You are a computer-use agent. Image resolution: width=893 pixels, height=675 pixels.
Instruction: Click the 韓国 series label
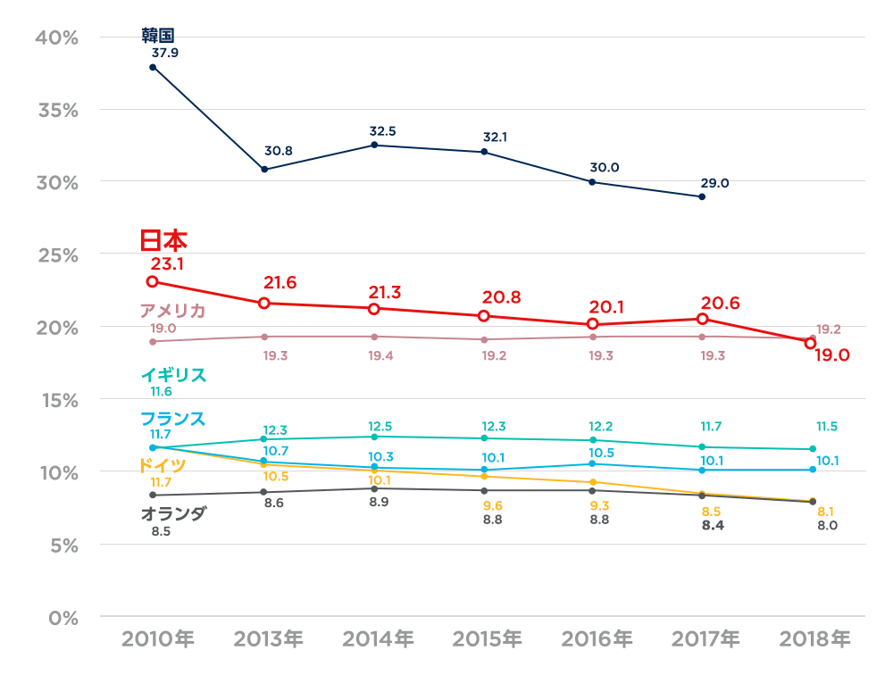[157, 35]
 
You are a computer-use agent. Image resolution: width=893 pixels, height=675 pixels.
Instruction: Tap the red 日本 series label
[163, 241]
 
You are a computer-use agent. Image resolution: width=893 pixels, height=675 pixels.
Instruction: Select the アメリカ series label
[172, 311]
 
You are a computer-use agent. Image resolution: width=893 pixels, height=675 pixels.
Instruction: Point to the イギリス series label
[173, 375]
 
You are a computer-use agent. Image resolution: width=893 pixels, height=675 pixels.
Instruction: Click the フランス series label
[172, 419]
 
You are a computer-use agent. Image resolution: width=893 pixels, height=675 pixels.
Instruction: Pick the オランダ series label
[173, 513]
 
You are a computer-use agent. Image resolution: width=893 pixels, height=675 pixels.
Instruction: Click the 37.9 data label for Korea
[165, 53]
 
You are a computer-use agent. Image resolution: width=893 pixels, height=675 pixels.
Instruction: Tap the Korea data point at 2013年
[264, 169]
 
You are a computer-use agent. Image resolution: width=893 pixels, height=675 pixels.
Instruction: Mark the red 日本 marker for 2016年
[592, 324]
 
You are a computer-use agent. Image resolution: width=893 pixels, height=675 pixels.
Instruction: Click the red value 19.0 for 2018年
[831, 355]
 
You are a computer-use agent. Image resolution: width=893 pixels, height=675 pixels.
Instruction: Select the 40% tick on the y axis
[55, 37]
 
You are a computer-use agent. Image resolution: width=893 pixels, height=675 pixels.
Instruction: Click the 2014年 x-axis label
[378, 639]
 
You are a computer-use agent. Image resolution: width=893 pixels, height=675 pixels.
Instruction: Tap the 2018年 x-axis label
[814, 639]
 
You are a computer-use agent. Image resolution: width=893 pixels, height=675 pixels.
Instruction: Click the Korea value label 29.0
[714, 183]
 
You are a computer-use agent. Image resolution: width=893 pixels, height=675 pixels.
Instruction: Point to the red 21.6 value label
[280, 283]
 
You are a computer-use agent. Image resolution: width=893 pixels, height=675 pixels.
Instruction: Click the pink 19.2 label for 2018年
[829, 329]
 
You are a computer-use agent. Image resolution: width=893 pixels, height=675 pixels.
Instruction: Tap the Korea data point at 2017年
[702, 196]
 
